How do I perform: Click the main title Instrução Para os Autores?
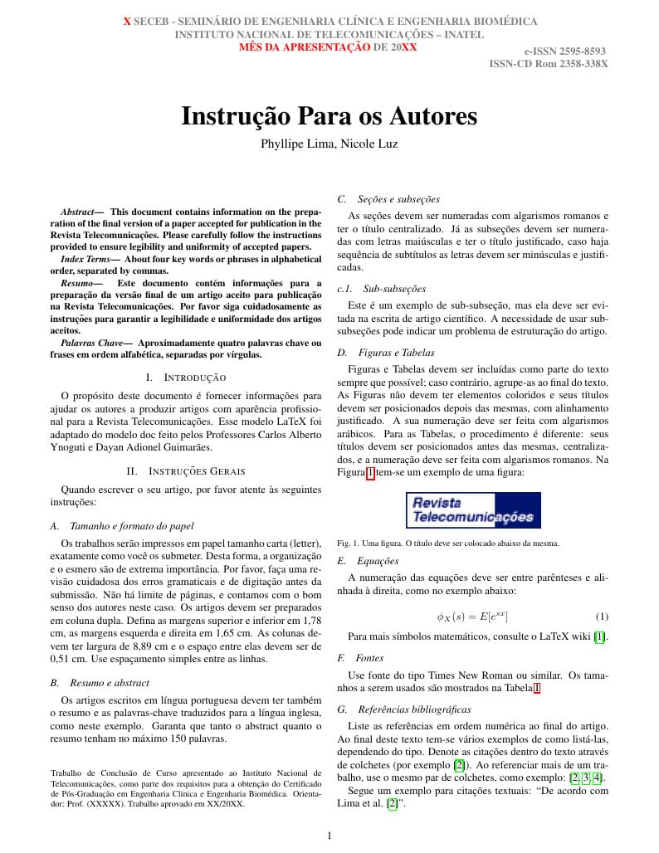click(x=329, y=116)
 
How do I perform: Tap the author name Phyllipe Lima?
click(x=299, y=144)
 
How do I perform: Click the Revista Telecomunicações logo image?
click(x=473, y=509)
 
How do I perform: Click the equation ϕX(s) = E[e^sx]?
click(x=472, y=617)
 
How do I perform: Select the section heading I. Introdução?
click(x=185, y=378)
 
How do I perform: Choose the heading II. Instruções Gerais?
click(x=185, y=472)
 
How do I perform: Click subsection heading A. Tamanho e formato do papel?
click(x=122, y=525)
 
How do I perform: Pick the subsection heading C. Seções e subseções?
click(x=388, y=199)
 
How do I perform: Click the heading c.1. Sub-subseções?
click(x=382, y=289)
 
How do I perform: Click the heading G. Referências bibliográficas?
click(x=403, y=709)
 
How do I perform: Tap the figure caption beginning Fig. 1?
click(x=448, y=543)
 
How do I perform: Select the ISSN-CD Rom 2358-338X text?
click(x=548, y=63)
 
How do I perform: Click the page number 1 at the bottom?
click(x=329, y=836)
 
